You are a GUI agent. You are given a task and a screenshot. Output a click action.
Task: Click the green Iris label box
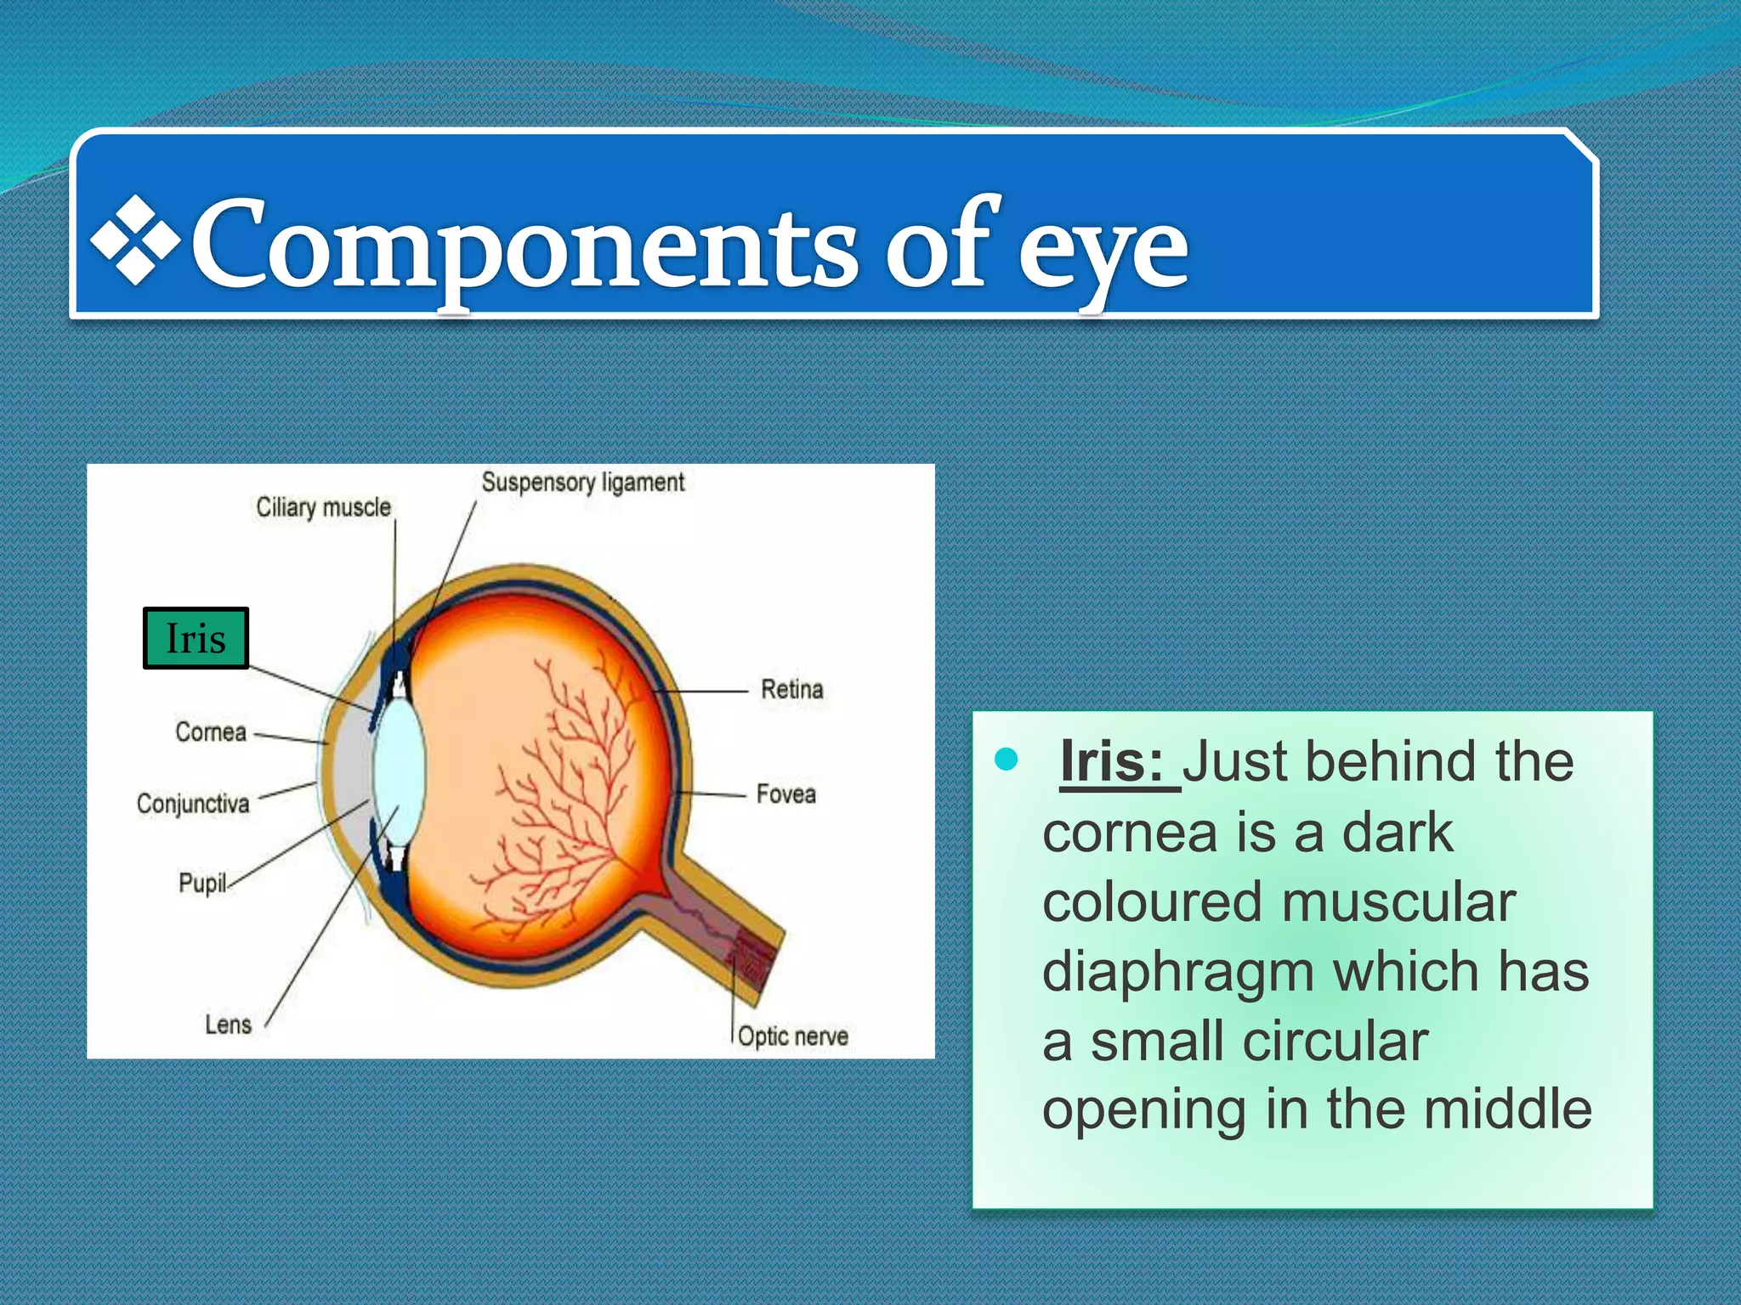coord(196,638)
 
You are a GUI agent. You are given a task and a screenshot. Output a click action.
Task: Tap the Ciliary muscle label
coord(324,508)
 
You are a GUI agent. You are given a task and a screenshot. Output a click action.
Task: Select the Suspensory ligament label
coord(582,483)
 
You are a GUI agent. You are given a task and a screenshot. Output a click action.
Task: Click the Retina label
coord(791,689)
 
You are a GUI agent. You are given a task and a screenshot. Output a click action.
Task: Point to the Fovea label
coord(785,794)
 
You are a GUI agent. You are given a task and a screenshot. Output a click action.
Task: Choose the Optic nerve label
coord(792,1037)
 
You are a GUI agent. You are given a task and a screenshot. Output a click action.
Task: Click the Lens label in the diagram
coord(228,1025)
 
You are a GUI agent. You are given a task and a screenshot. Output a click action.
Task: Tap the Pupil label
coord(202,884)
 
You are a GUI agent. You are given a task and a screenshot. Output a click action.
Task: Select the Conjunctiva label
coord(193,804)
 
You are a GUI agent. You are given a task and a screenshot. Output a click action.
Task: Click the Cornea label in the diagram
coord(211,732)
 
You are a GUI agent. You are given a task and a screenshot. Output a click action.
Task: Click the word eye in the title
coord(1103,251)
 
